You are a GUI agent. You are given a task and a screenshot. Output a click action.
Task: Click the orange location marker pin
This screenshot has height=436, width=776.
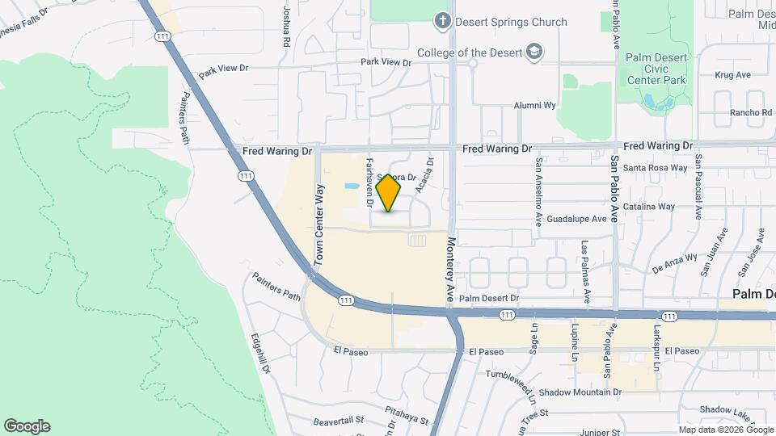pos(389,193)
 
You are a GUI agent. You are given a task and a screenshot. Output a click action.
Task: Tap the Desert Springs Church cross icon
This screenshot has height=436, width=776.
pos(442,22)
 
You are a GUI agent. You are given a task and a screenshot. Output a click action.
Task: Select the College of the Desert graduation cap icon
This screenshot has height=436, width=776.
pos(533,53)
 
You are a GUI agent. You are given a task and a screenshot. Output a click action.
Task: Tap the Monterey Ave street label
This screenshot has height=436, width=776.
pos(451,270)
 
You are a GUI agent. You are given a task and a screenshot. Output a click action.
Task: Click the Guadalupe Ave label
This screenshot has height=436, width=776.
pos(576,219)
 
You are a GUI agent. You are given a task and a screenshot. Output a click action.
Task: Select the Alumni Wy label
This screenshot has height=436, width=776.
pos(536,105)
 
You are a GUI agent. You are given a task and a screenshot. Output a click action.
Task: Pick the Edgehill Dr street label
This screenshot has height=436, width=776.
pos(259,354)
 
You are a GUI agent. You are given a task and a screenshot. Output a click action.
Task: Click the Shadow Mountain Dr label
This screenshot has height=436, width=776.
pos(579,392)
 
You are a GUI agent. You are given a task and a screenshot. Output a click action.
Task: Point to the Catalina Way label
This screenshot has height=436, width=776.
pos(655,207)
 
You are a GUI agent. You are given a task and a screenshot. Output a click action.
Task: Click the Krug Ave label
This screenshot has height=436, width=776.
pos(733,75)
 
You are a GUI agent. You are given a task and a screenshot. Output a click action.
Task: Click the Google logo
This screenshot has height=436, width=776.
pos(27,426)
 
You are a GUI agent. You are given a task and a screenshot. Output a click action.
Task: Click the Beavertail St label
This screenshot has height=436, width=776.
pos(339,421)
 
